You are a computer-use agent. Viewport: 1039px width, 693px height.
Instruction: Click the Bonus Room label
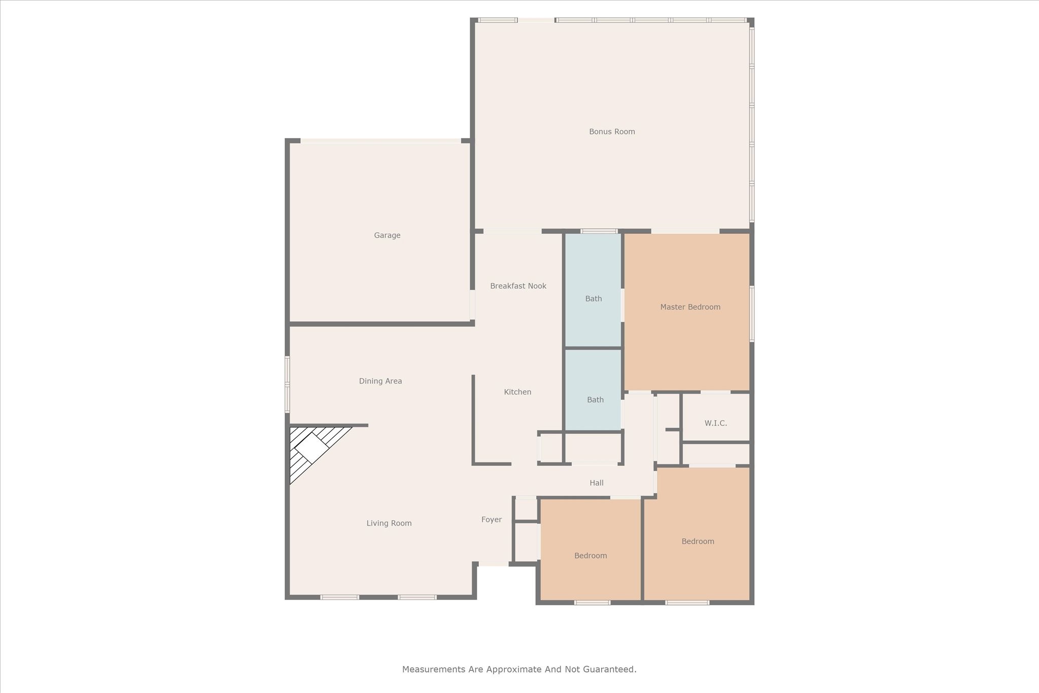pos(612,131)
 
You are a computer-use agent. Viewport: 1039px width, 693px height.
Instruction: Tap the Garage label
pos(387,235)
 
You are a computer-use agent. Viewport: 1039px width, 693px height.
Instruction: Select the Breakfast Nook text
pos(518,286)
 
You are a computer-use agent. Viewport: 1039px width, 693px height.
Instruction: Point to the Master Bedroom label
pos(690,307)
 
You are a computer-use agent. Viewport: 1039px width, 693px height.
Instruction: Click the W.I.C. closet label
pos(715,423)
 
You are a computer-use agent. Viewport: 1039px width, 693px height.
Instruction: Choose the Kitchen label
pos(517,392)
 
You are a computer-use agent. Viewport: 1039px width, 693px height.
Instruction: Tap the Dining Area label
pos(380,381)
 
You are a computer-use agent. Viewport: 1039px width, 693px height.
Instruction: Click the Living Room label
pos(389,523)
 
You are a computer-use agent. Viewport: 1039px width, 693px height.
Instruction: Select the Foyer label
pos(491,519)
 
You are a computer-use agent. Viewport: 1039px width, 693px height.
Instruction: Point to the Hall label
pos(597,483)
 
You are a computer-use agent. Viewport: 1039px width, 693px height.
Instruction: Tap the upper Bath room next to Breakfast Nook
pos(593,299)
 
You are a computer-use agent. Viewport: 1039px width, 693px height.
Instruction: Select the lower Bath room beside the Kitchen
pos(595,400)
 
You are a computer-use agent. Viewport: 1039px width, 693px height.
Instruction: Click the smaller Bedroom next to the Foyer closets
pos(591,556)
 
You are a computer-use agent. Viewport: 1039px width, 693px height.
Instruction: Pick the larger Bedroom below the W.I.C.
pos(698,541)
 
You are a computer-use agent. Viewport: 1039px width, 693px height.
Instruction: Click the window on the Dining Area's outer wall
pos(287,384)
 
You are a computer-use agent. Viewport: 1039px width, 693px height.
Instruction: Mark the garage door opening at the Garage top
pos(380,141)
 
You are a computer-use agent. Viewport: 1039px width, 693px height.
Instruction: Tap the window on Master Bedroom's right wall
pos(752,314)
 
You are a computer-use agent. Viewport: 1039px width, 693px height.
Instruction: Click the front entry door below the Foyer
pos(494,564)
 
